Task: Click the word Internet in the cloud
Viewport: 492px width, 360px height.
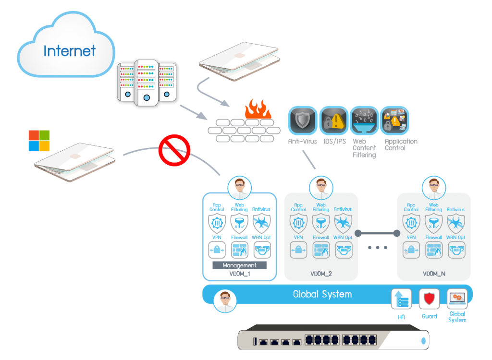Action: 69,51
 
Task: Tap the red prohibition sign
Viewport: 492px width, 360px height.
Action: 174,150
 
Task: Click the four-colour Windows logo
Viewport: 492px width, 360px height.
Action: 39,141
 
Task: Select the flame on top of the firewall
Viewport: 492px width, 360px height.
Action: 258,110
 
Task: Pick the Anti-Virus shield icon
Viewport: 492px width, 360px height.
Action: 302,120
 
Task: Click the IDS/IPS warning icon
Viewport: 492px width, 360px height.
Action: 333,120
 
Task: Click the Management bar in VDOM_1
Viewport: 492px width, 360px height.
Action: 239,265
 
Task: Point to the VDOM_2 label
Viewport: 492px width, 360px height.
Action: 321,274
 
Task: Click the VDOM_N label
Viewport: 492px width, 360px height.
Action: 434,274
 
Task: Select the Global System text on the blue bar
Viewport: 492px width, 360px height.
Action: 322,294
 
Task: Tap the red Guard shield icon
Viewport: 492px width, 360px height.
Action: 429,299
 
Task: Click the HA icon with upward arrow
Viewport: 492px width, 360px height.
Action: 401,299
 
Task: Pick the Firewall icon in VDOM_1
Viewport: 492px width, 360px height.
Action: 239,250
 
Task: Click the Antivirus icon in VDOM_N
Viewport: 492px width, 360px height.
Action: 455,224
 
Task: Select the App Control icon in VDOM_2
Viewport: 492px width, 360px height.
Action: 298,224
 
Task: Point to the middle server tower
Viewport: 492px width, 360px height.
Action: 147,82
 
